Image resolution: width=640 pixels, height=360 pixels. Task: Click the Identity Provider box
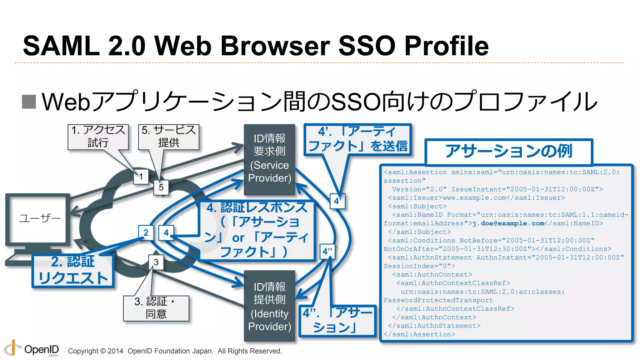[x=269, y=306]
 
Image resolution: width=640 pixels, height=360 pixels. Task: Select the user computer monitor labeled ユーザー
[x=38, y=218]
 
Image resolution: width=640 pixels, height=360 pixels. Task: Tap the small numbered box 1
[x=141, y=177]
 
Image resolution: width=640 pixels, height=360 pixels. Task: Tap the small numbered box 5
[x=161, y=187]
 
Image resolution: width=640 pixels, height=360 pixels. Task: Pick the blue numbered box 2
[x=146, y=233]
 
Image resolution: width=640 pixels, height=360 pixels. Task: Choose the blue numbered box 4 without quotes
[x=166, y=233]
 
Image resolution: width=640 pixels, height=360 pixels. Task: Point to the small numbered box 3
[x=156, y=262]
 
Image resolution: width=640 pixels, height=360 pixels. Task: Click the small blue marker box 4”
[x=327, y=252]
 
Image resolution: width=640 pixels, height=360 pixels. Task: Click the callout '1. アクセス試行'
[x=98, y=137]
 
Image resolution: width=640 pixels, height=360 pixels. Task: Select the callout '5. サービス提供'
[x=168, y=137]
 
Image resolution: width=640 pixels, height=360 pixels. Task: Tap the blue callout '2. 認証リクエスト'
[x=73, y=270]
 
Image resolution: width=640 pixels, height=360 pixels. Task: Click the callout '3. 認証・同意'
[x=156, y=308]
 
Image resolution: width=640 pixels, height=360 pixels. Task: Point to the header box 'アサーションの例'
[x=508, y=152]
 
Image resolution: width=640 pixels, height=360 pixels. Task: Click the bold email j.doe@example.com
[x=508, y=223]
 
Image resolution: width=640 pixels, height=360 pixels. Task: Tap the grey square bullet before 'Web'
[x=29, y=102]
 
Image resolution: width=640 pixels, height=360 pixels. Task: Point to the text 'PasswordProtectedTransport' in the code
[x=438, y=300]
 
